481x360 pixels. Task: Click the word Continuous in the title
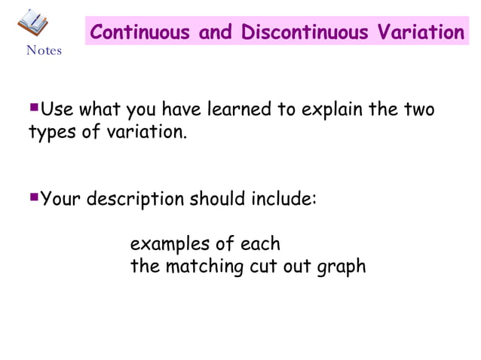click(x=140, y=33)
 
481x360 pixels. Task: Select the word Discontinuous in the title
click(x=305, y=33)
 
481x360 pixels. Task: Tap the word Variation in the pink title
click(x=419, y=33)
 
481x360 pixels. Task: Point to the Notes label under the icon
click(x=44, y=51)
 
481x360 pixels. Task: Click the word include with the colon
click(x=281, y=200)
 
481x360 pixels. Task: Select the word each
click(x=261, y=245)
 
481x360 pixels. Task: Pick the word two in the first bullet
click(x=418, y=110)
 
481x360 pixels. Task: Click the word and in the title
click(x=217, y=33)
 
